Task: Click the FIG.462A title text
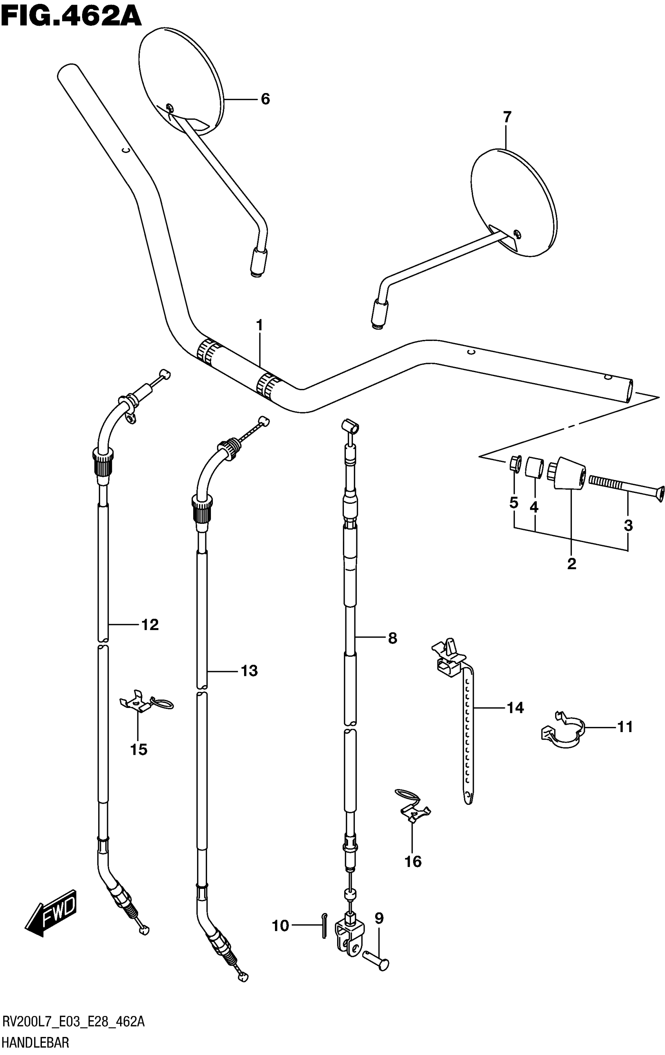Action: [x=71, y=17]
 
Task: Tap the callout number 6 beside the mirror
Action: [x=265, y=99]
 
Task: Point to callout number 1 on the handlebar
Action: [x=259, y=326]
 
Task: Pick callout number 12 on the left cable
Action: [x=150, y=625]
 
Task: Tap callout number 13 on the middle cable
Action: [x=249, y=671]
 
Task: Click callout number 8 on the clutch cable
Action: [x=392, y=638]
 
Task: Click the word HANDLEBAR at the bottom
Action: [x=36, y=1044]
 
